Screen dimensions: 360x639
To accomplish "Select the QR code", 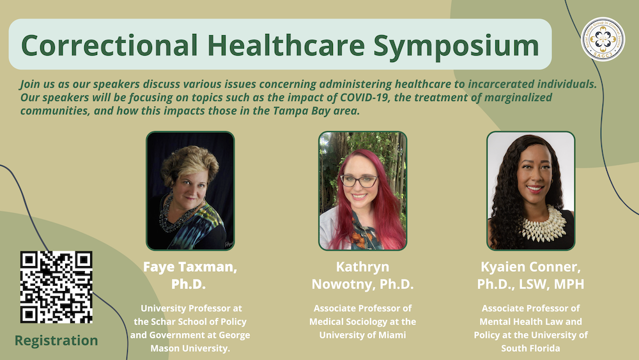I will (x=56, y=287).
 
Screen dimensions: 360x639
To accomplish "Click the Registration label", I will (x=56, y=340).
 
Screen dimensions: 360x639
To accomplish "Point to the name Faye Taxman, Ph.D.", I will (x=190, y=275).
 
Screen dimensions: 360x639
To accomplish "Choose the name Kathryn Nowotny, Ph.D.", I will (x=362, y=275).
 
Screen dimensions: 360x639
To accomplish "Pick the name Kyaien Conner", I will (x=531, y=267).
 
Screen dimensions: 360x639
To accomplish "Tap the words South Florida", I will (x=531, y=347).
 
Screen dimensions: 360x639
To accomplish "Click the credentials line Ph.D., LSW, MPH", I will (x=531, y=283).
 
